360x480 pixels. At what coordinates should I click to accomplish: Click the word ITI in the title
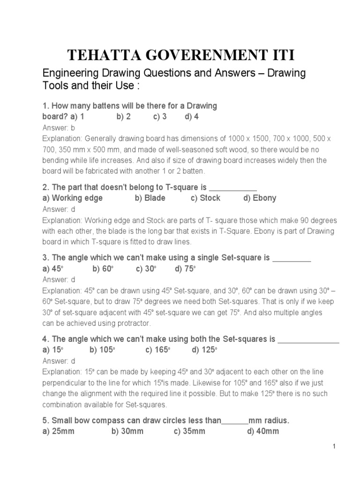coord(279,54)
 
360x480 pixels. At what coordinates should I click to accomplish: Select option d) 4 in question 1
coord(192,117)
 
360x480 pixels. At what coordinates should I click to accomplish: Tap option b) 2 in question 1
coord(123,117)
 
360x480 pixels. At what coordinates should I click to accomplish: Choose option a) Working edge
coord(72,198)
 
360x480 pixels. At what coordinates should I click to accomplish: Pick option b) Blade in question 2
coord(150,198)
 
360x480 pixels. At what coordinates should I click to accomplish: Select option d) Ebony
coord(260,198)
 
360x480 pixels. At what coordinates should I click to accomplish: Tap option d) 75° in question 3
coord(185,269)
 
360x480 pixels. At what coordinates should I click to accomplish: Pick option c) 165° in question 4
coord(157,350)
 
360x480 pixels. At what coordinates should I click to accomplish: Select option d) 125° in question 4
coord(205,350)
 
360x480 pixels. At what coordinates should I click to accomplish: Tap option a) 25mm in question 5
coord(59,431)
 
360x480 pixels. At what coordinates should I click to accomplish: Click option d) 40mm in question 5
coord(262,431)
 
